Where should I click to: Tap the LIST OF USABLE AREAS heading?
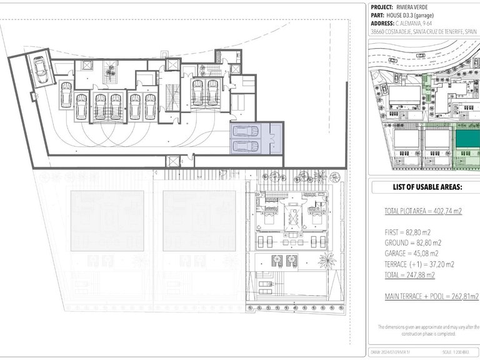[x=427, y=187]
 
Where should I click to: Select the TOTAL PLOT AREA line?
[x=422, y=212]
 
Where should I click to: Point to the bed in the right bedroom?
[x=314, y=220]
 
